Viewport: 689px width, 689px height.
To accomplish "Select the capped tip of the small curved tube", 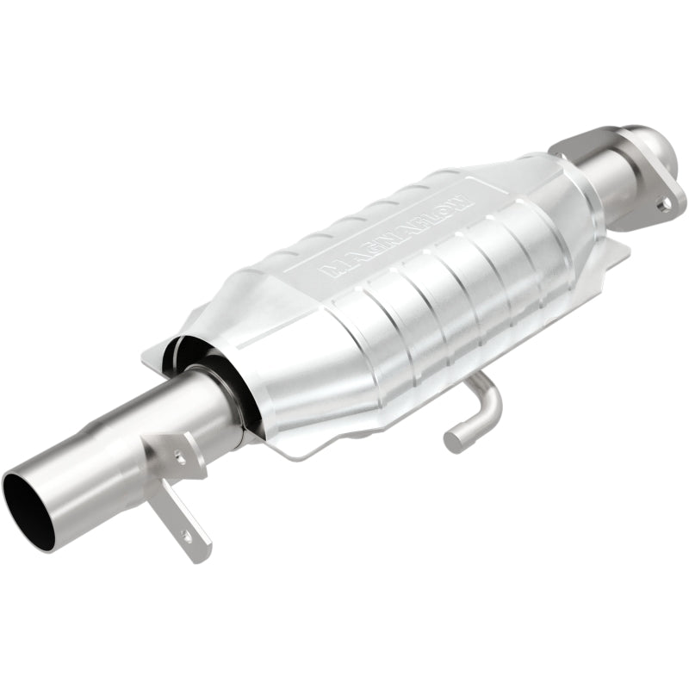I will [454, 442].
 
